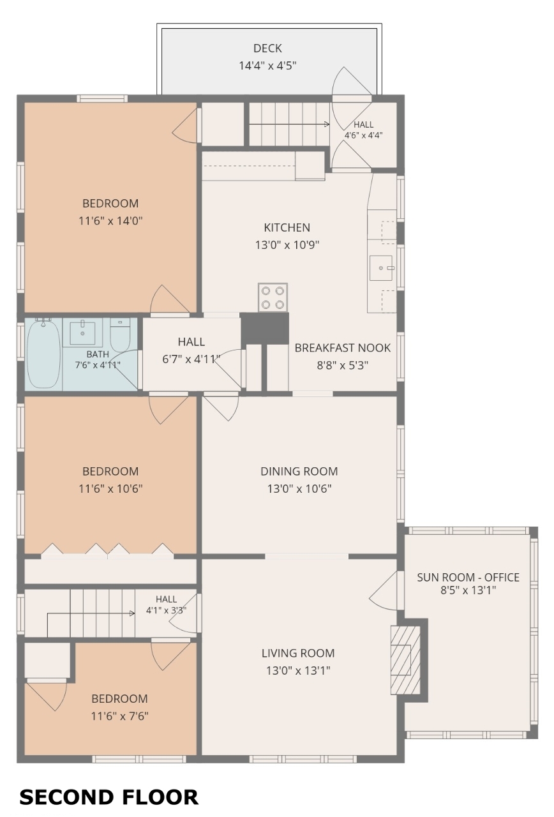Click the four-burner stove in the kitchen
tap(273, 297)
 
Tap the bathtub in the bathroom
tap(43, 354)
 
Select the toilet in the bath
tap(120, 334)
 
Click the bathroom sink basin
tap(82, 333)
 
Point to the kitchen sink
tap(381, 268)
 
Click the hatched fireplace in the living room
tap(405, 660)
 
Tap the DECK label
tap(267, 48)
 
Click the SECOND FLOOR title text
tap(109, 797)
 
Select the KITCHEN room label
tap(287, 227)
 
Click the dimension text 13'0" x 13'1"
tap(298, 670)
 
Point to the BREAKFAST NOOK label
tap(343, 348)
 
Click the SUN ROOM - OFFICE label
tap(468, 577)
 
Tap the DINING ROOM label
tap(299, 471)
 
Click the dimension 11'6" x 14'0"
tap(110, 221)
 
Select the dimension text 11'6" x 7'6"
tap(119, 716)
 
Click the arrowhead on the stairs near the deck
tap(327, 124)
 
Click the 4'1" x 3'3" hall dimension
tap(167, 610)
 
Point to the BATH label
tap(98, 354)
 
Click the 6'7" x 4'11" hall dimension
tap(191, 359)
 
